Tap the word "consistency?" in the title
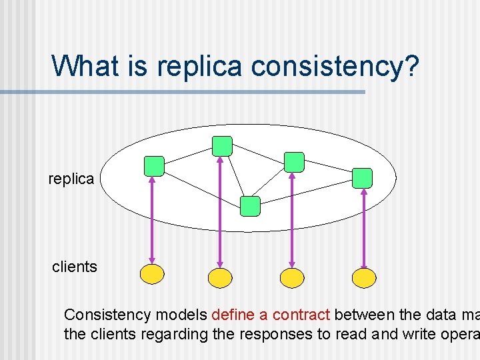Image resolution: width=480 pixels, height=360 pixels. [335, 67]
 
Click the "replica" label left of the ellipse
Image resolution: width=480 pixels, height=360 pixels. [71, 179]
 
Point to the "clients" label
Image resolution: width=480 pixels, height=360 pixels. [75, 267]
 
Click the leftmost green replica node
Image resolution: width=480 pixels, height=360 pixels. [154, 166]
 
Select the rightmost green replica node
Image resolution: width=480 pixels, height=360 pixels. [362, 177]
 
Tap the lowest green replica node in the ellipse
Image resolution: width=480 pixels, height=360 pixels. [250, 206]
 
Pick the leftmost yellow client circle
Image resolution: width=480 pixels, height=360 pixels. [152, 273]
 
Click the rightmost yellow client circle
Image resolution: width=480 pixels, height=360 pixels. [364, 277]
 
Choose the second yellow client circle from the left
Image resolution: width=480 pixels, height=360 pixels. [220, 277]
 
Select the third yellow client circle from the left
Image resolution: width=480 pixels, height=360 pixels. [292, 277]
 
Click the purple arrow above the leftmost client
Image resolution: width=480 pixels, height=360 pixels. [152, 219]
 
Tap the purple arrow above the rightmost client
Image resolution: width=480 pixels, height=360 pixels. [363, 228]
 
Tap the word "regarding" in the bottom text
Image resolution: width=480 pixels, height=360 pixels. [178, 334]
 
